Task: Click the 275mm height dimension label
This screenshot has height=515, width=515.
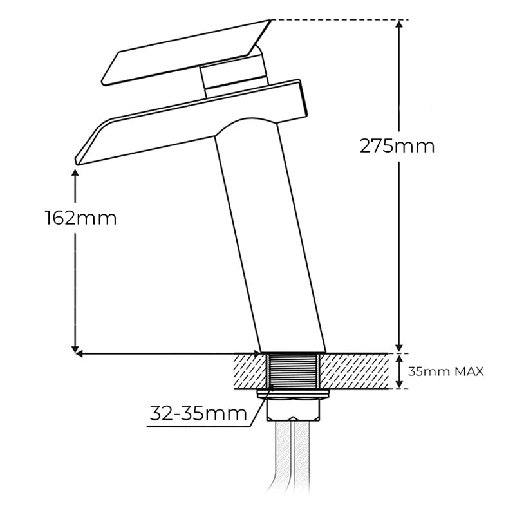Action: coord(397,146)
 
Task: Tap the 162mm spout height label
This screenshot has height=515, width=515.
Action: coord(81,218)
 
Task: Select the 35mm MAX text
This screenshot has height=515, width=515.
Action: coord(445,372)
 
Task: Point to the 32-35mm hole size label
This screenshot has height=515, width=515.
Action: coord(198,413)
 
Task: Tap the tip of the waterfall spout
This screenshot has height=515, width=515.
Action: coord(77,161)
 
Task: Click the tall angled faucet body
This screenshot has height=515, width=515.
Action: coord(270,236)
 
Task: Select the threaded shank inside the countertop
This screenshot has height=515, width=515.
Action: coord(294,371)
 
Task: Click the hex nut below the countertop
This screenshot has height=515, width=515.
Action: coord(294,409)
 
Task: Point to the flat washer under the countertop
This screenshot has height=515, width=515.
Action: coord(294,393)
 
